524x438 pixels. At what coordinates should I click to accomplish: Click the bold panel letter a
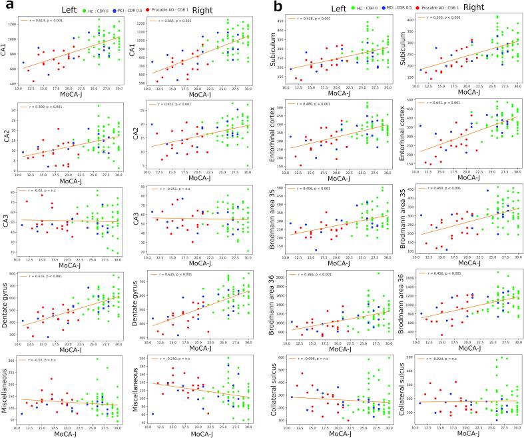coord(7,7)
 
